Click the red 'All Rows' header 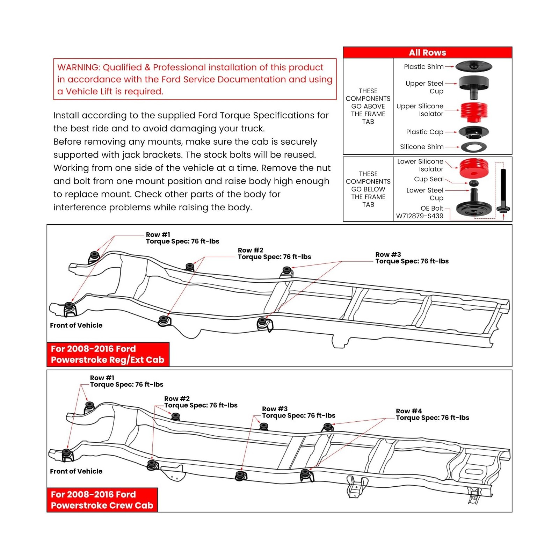pyautogui.click(x=427, y=52)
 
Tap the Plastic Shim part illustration pyautogui.click(x=474, y=66)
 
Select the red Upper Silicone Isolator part pyautogui.click(x=474, y=111)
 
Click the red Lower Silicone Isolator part pyautogui.click(x=474, y=168)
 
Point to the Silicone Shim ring pyautogui.click(x=473, y=147)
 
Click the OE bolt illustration pyautogui.click(x=503, y=190)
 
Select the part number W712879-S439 pyautogui.click(x=419, y=216)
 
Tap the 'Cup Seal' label pyautogui.click(x=428, y=179)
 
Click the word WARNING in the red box pyautogui.click(x=79, y=67)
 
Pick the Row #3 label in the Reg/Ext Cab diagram pyautogui.click(x=388, y=255)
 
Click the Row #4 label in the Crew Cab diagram pyautogui.click(x=408, y=411)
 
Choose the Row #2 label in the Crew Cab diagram pyautogui.click(x=177, y=399)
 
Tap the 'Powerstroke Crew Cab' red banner pyautogui.click(x=102, y=500)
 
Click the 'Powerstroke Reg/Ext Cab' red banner pyautogui.click(x=108, y=354)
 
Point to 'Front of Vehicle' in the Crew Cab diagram pyautogui.click(x=76, y=471)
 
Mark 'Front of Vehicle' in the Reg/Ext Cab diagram pyautogui.click(x=76, y=325)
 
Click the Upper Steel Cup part pyautogui.click(x=473, y=86)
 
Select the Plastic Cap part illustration pyautogui.click(x=473, y=132)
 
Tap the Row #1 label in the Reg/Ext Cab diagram pyautogui.click(x=158, y=235)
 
